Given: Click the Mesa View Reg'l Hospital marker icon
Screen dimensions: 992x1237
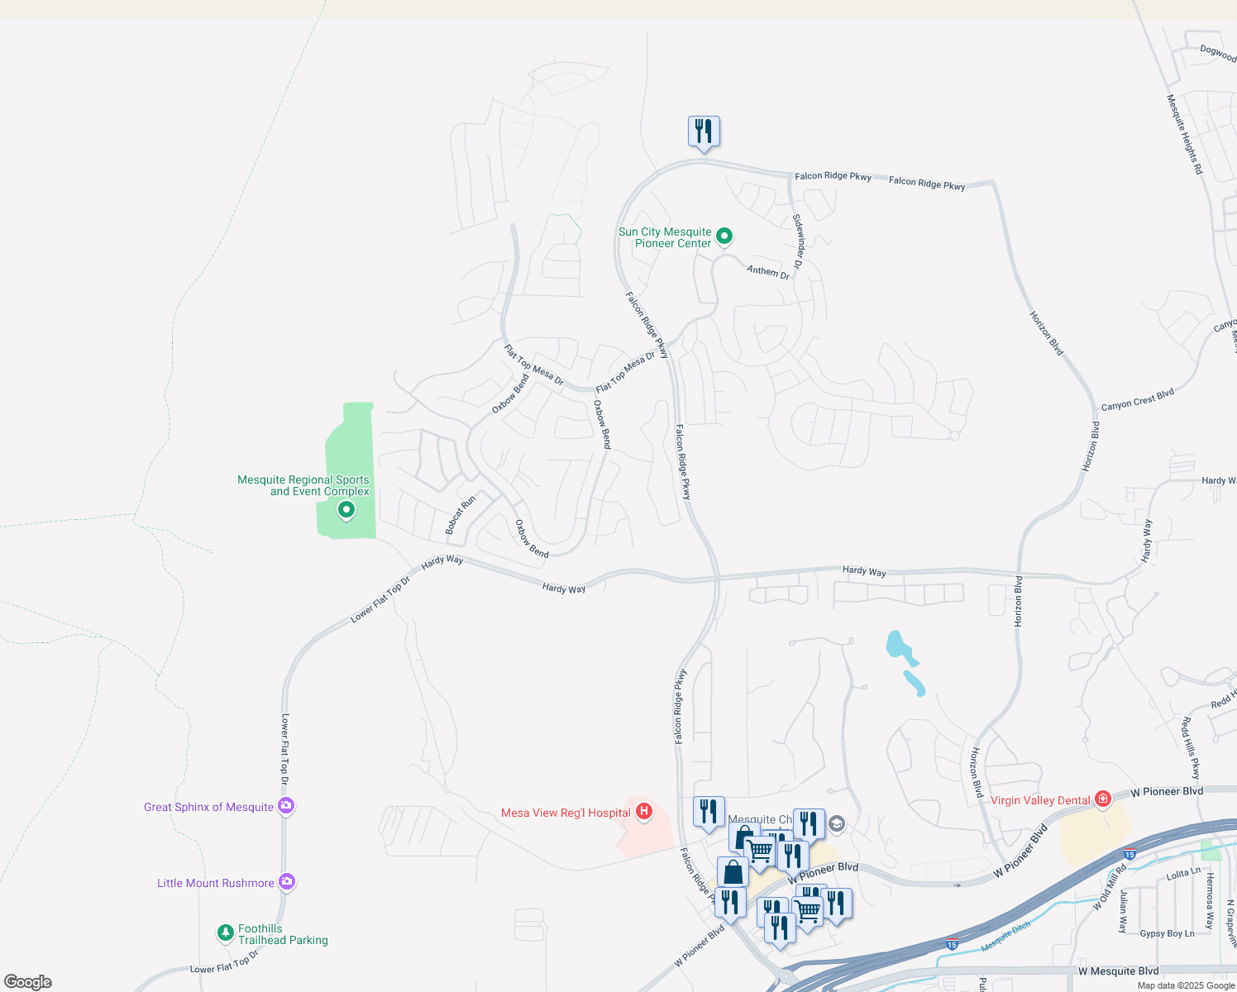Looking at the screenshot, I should pos(644,812).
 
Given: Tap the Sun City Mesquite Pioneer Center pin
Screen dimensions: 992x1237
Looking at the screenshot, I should pos(724,236).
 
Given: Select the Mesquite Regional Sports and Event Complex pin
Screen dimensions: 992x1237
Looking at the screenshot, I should pos(346,510).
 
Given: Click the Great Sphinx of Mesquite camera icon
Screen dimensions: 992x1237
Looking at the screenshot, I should pos(286,806).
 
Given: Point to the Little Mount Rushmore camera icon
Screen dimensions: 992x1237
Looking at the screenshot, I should pos(287,882).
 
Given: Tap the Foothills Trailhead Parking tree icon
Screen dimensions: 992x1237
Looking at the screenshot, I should pos(225,933).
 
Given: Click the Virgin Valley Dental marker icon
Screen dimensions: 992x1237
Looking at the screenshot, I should pos(1102,799).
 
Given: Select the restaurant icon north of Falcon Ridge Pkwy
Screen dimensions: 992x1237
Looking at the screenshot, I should pos(704,132).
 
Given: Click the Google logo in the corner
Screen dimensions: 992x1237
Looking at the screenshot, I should pos(28,982).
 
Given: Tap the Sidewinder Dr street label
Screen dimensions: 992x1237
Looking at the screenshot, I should pos(798,241).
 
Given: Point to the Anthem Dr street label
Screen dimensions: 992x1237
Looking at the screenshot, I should pos(768,271).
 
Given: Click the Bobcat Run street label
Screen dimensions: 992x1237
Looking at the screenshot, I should pos(461,514).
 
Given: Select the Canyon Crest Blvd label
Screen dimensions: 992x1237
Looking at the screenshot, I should pos(1138,400).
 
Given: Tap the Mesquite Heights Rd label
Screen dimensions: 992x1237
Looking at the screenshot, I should pos(1184,134).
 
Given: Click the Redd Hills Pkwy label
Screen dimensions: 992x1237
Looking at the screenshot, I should pos(1190,748).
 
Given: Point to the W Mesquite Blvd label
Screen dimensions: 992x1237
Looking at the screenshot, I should pos(1118,971).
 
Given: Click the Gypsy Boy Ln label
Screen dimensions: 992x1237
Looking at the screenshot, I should pos(1167,933).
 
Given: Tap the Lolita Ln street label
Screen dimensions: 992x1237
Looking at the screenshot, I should pos(1183,874).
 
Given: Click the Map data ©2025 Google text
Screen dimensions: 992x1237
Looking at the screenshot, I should pos(1186,985).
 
